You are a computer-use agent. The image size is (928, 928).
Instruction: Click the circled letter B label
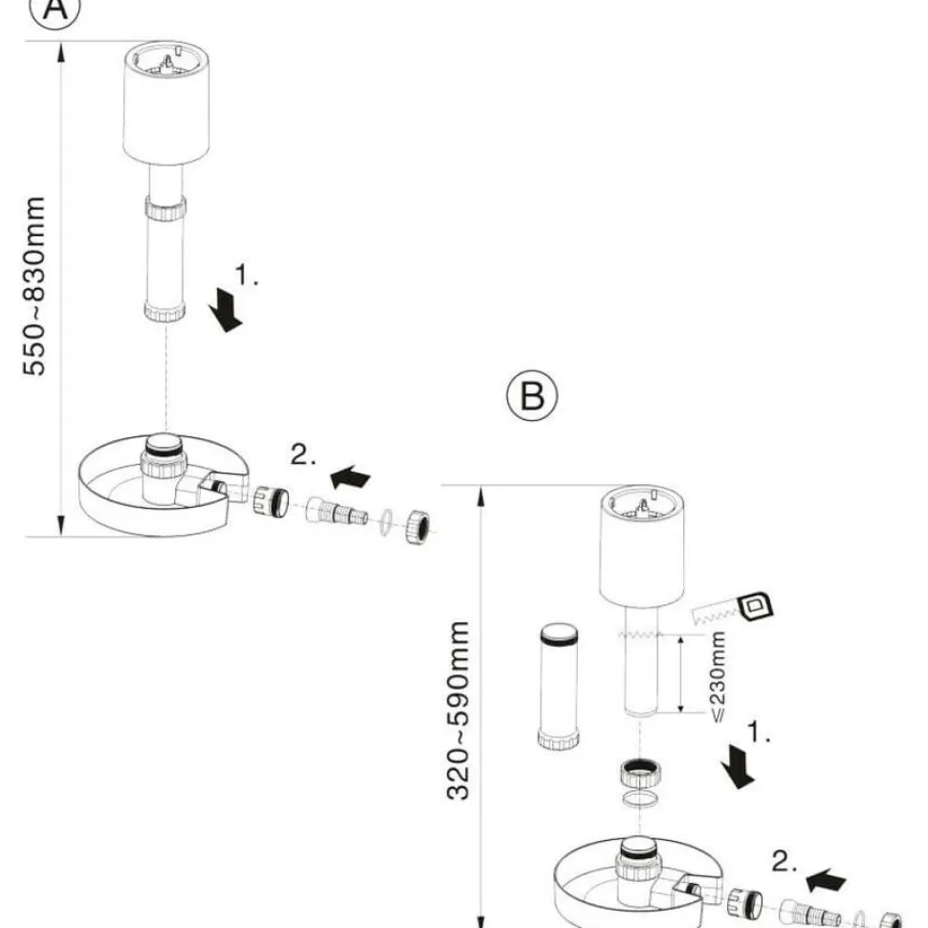532,395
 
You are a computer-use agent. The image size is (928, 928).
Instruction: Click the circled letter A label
55,9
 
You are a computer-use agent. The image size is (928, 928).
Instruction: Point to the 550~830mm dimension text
34,286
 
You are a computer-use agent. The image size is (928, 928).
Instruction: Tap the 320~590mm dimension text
457,710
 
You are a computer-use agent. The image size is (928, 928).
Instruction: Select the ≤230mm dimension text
718,676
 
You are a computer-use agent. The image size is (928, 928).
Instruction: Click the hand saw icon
733,608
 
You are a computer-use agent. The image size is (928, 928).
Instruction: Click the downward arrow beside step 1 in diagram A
226,310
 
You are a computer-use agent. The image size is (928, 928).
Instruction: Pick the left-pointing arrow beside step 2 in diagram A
350,476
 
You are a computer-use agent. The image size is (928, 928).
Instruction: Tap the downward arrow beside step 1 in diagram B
738,766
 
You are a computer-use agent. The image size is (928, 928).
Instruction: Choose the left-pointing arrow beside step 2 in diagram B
827,880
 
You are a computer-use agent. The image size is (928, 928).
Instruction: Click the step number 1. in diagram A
246,275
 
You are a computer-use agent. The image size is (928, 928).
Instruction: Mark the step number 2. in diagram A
303,454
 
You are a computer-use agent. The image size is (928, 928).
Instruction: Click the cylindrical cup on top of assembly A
166,103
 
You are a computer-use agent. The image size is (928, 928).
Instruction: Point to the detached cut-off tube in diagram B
559,687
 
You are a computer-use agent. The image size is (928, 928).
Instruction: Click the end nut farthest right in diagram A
418,525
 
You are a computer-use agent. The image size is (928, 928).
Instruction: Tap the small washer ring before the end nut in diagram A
386,521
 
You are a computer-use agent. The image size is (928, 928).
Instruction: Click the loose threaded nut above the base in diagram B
641,772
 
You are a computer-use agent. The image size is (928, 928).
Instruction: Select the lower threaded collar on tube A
165,311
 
